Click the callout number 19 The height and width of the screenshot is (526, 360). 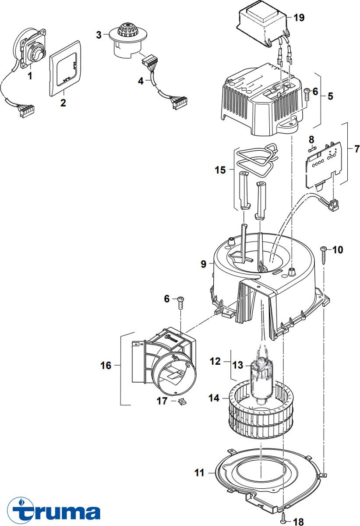[x=299, y=18]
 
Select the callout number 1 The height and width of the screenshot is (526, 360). [x=30, y=76]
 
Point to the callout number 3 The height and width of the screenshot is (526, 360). [x=99, y=34]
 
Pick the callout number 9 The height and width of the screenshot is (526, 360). [x=203, y=264]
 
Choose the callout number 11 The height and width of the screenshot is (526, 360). [x=199, y=473]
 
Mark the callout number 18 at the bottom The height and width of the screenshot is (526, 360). [x=298, y=521]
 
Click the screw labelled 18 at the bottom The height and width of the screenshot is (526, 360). [x=284, y=517]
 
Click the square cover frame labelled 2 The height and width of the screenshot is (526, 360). [x=64, y=68]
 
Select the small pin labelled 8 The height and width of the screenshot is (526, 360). [x=312, y=149]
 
